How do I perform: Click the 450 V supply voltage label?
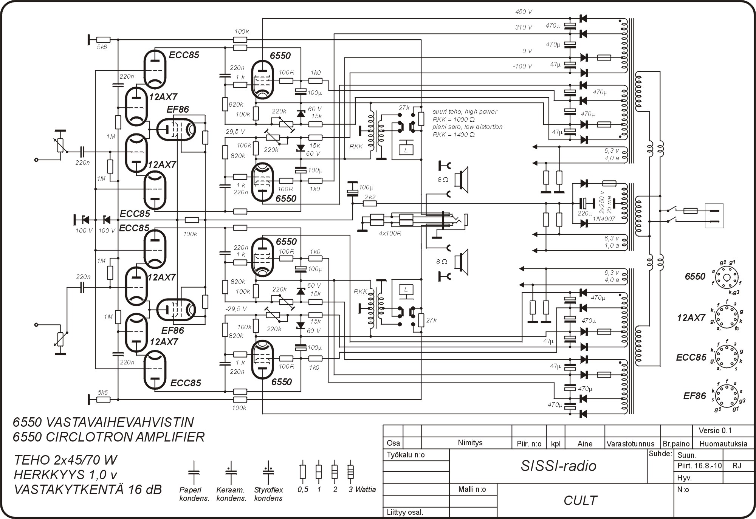524,12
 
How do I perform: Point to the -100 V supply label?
522,67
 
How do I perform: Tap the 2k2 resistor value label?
370,197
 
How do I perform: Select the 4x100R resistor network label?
390,233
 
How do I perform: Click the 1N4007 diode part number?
604,219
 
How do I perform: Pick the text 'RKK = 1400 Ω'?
454,135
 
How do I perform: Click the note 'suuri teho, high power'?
465,112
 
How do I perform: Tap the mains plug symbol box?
714,216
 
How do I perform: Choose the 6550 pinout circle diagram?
726,277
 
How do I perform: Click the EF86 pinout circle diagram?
726,395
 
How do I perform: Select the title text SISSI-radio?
558,466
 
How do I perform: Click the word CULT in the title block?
580,500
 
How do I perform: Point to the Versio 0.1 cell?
715,431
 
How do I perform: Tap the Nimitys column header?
470,443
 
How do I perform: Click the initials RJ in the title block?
737,466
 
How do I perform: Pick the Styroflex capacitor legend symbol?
268,472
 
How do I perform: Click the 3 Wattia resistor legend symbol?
351,472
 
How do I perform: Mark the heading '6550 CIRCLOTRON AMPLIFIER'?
108,437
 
